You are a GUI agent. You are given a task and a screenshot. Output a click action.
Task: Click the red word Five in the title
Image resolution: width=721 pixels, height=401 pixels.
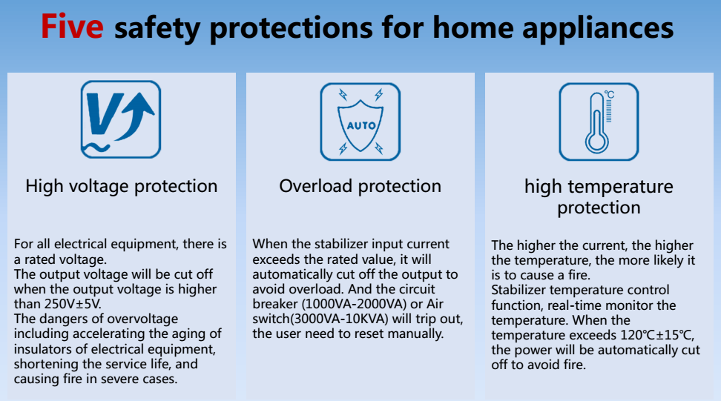click(72, 26)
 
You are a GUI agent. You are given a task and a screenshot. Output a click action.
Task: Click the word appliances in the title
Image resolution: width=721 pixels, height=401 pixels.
click(598, 28)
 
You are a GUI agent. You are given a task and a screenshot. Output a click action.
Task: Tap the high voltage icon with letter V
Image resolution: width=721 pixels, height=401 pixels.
click(121, 119)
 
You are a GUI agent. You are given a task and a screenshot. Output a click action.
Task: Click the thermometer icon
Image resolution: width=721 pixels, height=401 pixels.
click(599, 122)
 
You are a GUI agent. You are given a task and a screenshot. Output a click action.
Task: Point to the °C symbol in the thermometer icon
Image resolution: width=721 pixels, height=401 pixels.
click(609, 94)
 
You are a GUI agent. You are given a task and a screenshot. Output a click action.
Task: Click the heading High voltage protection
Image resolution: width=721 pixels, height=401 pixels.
click(122, 186)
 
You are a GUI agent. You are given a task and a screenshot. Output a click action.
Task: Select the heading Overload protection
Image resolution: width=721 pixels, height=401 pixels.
click(360, 186)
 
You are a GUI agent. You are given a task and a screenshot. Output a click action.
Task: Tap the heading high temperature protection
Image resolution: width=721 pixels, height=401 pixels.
click(599, 197)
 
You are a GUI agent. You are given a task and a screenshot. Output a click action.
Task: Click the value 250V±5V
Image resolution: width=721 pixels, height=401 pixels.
click(73, 304)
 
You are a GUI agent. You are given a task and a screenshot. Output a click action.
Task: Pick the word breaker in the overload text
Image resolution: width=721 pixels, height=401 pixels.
click(275, 304)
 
